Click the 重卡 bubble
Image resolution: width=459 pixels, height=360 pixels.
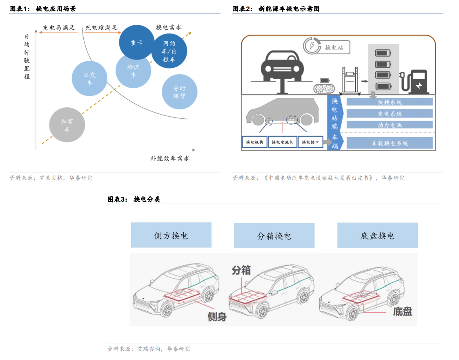[x=137, y=42]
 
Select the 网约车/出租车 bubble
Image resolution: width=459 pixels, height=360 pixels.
[x=169, y=51]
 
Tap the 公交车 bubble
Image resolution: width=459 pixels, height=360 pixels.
[x=89, y=78]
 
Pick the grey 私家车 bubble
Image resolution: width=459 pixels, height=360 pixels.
[x=67, y=125]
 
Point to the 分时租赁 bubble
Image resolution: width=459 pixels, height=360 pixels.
[x=179, y=92]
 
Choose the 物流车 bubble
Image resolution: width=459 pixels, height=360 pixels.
[x=134, y=70]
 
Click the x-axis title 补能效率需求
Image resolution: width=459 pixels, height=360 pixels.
[x=169, y=158]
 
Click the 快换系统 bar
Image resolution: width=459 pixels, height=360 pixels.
[x=390, y=102]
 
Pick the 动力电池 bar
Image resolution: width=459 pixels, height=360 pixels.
[x=390, y=125]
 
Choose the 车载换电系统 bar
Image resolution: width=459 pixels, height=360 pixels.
[x=390, y=143]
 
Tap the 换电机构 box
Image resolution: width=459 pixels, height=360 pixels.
[x=254, y=142]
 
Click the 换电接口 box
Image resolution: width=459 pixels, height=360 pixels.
[x=310, y=142]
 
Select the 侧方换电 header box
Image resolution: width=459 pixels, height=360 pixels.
[x=171, y=235]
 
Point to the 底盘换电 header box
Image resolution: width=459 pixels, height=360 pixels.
[x=377, y=235]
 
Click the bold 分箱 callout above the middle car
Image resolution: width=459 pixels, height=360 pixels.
[x=241, y=270]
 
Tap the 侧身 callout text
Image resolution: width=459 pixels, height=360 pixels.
[x=217, y=317]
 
